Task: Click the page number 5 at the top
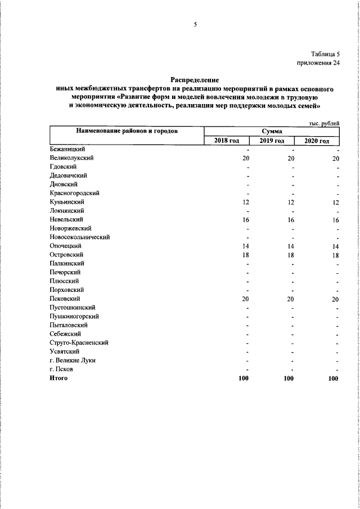[x=195, y=24]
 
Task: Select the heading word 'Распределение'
[x=194, y=80]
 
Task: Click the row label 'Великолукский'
[x=71, y=157]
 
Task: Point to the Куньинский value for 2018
[x=245, y=202]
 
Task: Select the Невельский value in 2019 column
[x=290, y=219]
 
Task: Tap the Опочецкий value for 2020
[x=335, y=246]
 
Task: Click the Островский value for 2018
[x=245, y=254]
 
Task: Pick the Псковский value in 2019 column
[x=290, y=299]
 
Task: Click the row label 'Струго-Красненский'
[x=79, y=342]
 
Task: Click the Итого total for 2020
[x=334, y=379]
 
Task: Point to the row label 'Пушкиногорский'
[x=74, y=316]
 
